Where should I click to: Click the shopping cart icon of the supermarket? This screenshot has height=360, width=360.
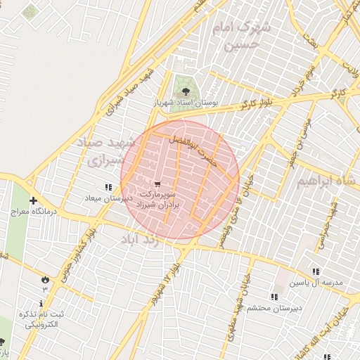pyautogui.click(x=157, y=184)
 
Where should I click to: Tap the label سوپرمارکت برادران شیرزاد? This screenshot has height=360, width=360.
pyautogui.click(x=160, y=198)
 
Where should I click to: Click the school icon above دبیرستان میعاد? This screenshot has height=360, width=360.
pyautogui.click(x=108, y=188)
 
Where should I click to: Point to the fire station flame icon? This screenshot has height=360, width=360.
pyautogui.click(x=46, y=278)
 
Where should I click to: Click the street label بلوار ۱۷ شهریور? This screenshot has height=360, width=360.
pyautogui.click(x=163, y=282)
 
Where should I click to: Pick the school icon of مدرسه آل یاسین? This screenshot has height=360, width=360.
pyautogui.click(x=316, y=271)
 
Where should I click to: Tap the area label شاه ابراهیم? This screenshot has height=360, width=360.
pyautogui.click(x=321, y=181)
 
